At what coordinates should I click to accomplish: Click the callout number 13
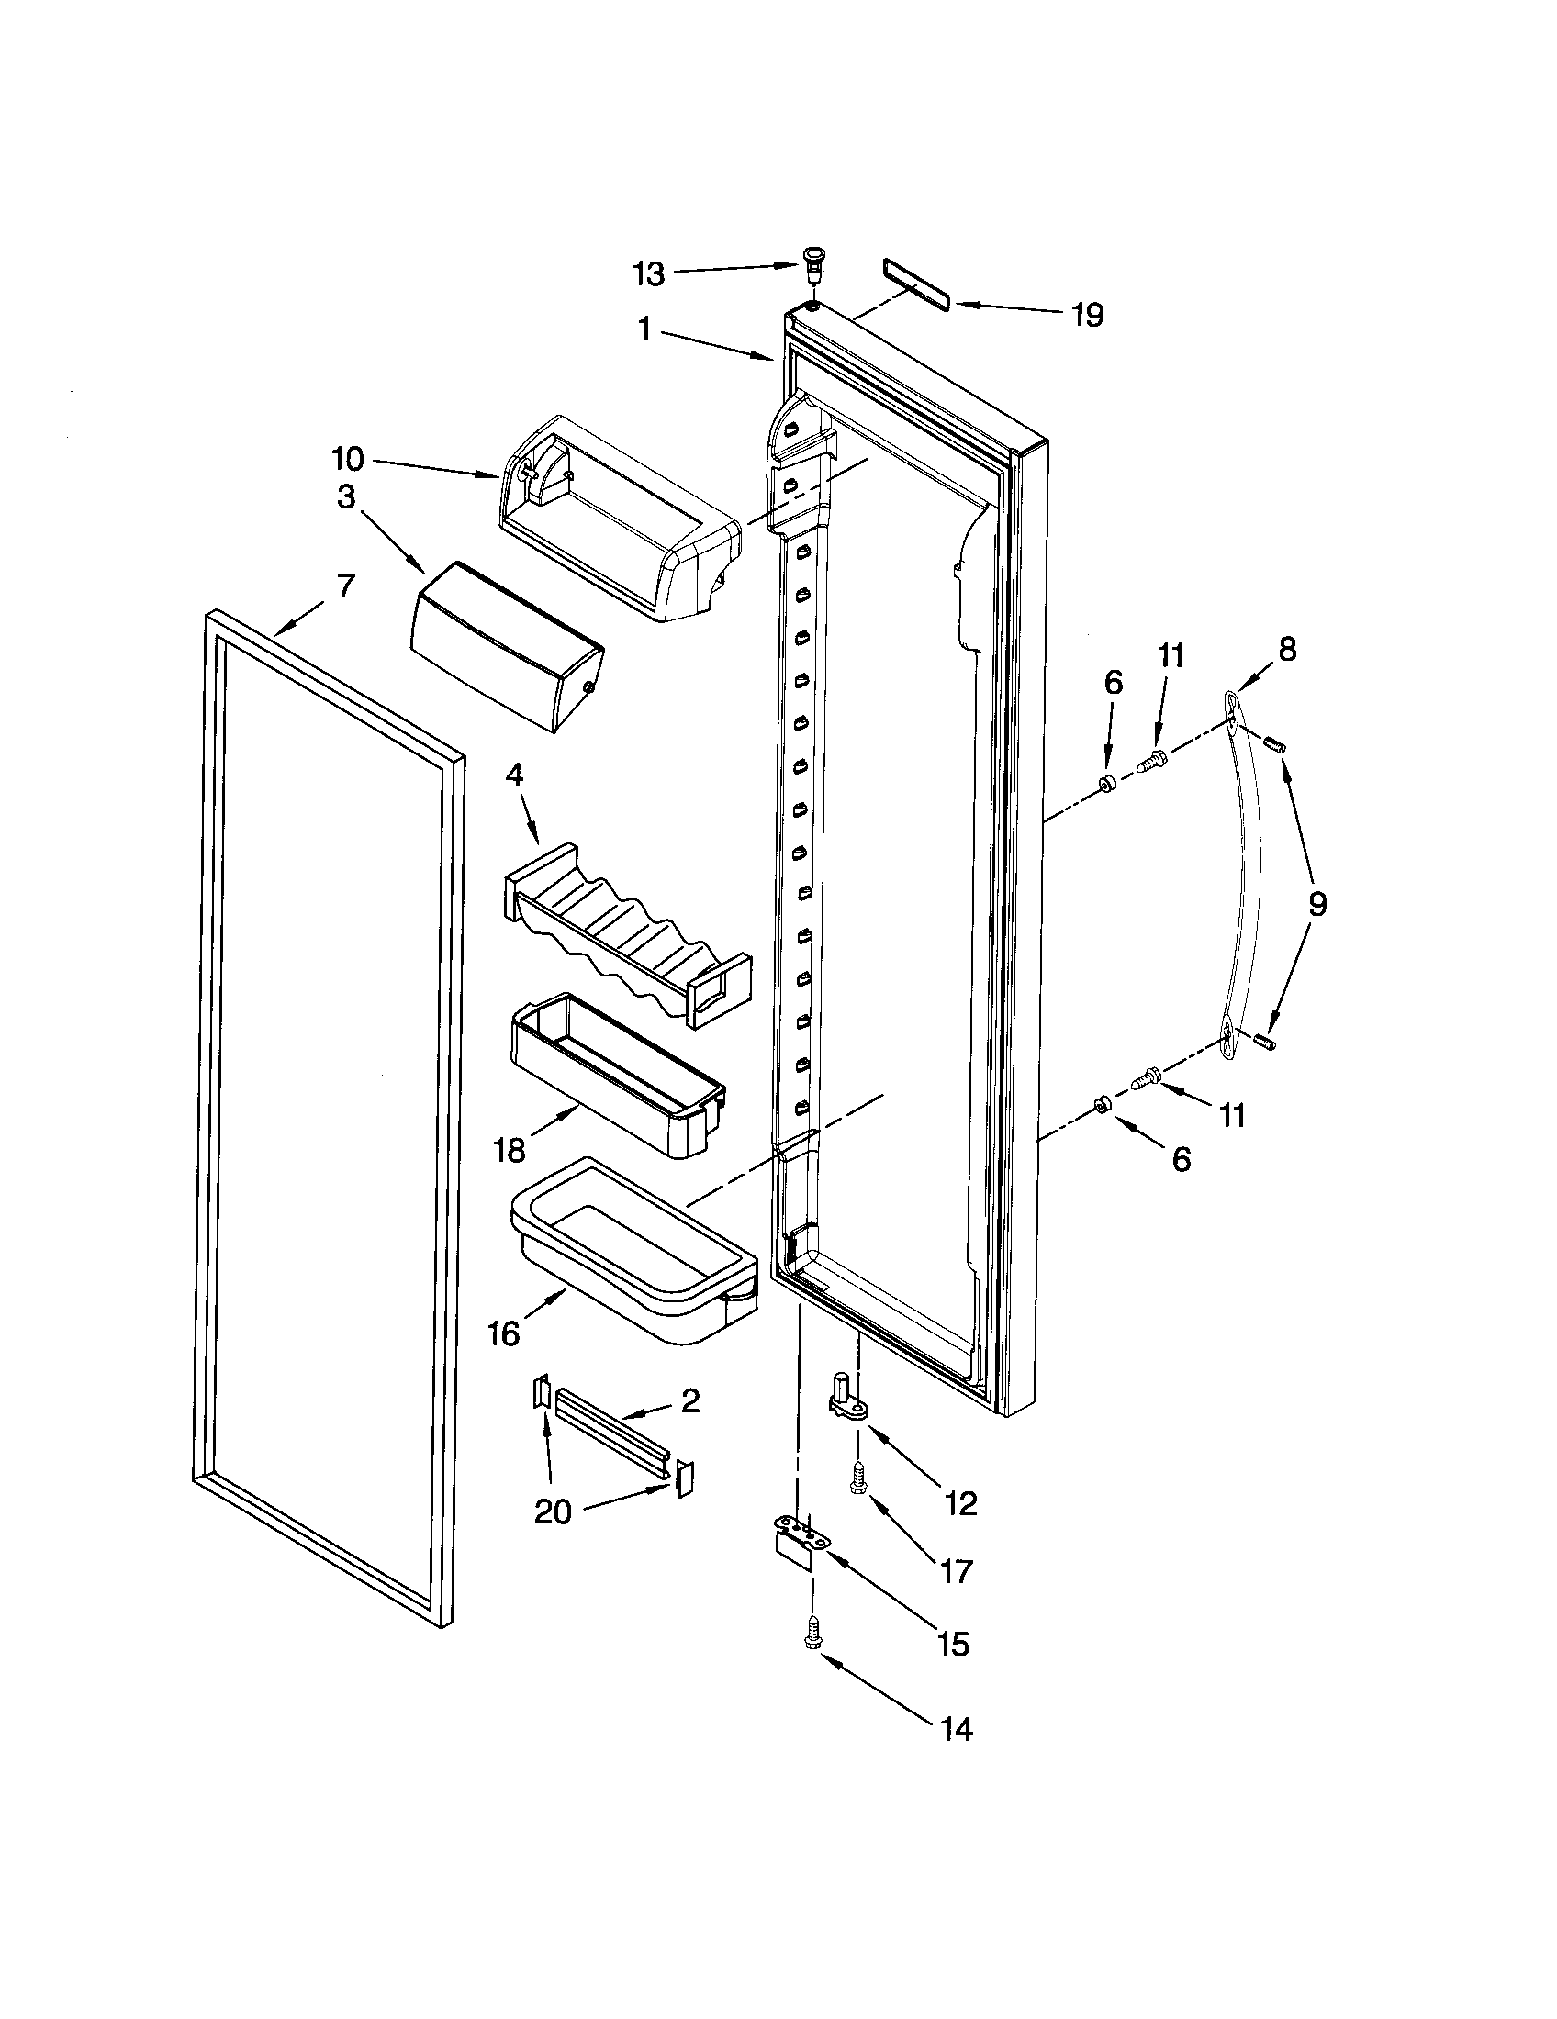tap(648, 273)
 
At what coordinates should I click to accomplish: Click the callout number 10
tap(348, 459)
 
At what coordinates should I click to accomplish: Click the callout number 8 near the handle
tap(1287, 650)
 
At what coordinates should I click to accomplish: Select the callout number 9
tap(1316, 903)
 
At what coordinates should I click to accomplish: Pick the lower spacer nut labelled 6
tap(1101, 1105)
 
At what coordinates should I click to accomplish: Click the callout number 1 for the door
tap(644, 329)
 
